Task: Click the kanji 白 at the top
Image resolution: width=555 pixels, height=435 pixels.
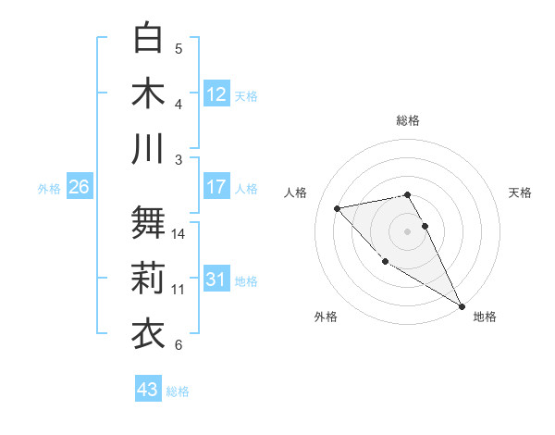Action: [x=149, y=38]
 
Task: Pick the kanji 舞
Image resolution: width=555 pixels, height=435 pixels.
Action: [x=149, y=221]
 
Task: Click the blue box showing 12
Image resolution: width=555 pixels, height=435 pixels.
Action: [x=216, y=93]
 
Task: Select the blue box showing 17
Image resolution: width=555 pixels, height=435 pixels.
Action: [x=216, y=187]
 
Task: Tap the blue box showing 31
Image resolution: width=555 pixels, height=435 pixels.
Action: [x=216, y=280]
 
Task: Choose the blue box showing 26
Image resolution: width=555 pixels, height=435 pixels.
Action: [x=80, y=187]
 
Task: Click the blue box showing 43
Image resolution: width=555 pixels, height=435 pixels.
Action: [x=148, y=390]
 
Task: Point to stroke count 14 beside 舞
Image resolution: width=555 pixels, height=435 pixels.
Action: [x=179, y=233]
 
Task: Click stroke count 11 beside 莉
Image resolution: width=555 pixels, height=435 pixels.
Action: [x=179, y=290]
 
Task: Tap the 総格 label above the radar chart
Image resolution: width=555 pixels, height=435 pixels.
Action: [x=408, y=120]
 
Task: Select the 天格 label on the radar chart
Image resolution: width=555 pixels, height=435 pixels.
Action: [x=521, y=193]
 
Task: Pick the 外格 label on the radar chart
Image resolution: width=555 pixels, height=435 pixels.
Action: [x=326, y=317]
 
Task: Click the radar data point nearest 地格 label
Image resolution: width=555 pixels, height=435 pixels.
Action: [x=462, y=306]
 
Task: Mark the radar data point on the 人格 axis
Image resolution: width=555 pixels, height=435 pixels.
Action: [x=338, y=208]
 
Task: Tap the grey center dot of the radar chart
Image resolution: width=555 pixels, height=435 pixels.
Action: [x=408, y=230]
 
